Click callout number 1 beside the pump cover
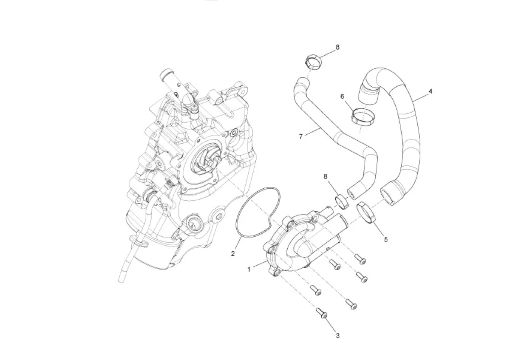pos(249,269)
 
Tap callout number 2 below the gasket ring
pos(233,254)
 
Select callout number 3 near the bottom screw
pos(338,335)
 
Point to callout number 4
pos(431,91)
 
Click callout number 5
pos(386,239)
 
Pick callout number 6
pos(342,96)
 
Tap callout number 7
pos(301,136)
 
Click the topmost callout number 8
pos(338,47)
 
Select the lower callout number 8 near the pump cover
pos(326,176)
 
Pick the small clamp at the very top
pos(314,62)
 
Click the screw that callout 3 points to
pos(322,314)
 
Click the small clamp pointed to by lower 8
pos(343,201)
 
